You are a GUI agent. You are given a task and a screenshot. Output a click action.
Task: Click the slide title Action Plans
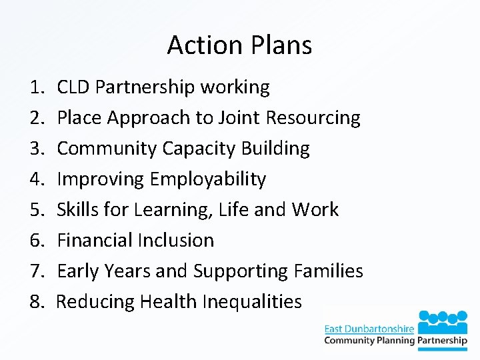tap(239, 45)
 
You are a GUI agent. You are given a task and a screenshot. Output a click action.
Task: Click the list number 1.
tap(36, 87)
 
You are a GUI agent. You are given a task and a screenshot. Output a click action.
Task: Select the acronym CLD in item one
tap(73, 87)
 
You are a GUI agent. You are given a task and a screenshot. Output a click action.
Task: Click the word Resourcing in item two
tap(313, 118)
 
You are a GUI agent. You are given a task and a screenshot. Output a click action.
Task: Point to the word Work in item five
tap(315, 210)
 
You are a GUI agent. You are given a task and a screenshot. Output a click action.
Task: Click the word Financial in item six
tap(96, 241)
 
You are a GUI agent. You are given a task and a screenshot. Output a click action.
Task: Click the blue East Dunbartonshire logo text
tap(369, 329)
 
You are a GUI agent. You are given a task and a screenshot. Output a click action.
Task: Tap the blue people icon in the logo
tap(443, 321)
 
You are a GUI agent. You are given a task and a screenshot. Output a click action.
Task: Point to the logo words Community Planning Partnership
tap(395, 341)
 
